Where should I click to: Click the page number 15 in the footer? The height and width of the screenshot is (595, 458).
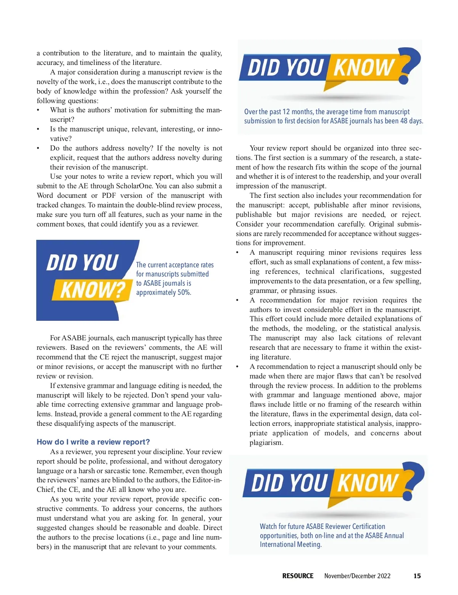(x=417, y=576)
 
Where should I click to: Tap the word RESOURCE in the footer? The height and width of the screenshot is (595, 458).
(x=298, y=576)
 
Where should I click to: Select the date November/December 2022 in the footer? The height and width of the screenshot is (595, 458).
(x=357, y=576)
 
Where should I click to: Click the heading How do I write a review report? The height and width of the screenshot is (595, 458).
(x=93, y=442)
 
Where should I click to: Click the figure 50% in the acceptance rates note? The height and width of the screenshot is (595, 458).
(x=184, y=293)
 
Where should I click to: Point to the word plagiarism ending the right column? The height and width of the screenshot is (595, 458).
(x=266, y=443)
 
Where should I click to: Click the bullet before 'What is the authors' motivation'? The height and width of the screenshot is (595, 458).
(x=38, y=110)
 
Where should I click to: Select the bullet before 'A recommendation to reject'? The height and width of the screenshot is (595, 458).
(x=237, y=367)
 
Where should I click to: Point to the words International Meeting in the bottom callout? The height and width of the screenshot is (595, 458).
(x=290, y=544)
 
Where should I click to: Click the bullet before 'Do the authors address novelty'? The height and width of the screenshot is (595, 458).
(x=38, y=148)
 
